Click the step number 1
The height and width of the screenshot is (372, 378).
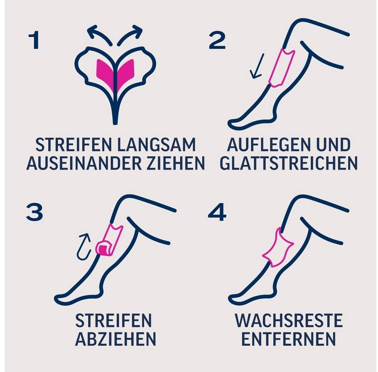(x=34, y=40)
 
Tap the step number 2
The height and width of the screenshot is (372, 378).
(x=217, y=40)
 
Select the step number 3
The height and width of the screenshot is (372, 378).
(x=34, y=212)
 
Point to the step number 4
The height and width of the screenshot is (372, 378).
(x=217, y=212)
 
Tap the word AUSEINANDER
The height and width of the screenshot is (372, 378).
(x=84, y=163)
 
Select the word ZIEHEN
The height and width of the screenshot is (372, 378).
(x=176, y=163)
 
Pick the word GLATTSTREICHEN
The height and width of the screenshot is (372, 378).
(x=289, y=163)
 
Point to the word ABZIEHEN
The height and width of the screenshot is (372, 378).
(x=116, y=339)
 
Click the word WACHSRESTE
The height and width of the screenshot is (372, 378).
(x=289, y=320)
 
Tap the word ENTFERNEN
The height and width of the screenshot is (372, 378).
(x=289, y=339)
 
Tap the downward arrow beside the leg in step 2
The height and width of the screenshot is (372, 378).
(x=258, y=66)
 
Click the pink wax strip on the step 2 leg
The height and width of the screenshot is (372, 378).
(x=281, y=67)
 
